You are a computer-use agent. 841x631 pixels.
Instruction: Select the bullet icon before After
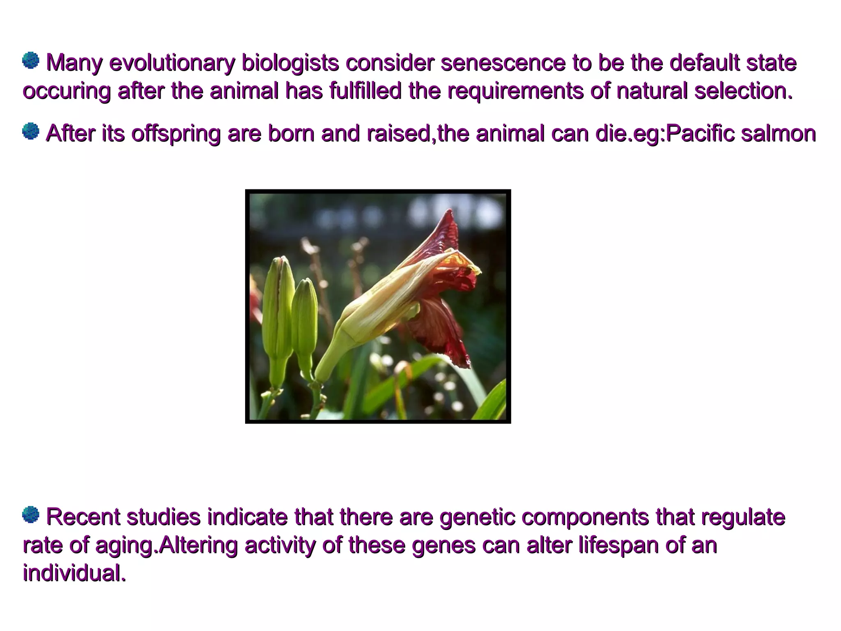pos(30,131)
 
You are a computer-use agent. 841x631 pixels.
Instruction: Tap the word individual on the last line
pos(74,573)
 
